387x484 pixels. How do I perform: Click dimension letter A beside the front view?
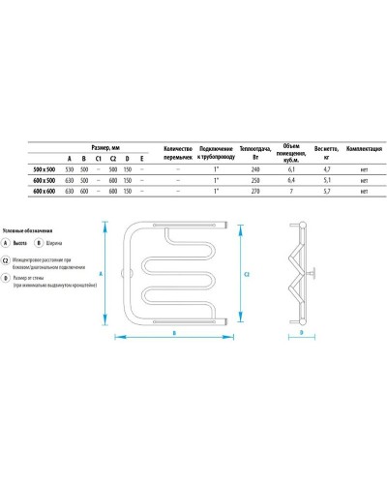(x=101, y=274)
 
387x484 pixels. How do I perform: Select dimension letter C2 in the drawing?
(x=249, y=275)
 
